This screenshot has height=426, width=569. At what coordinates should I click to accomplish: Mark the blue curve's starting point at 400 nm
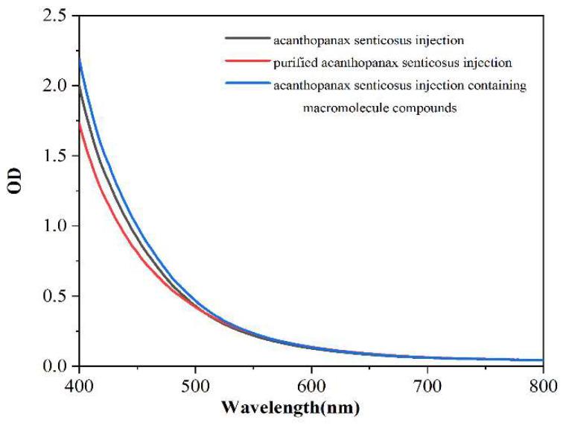(x=79, y=60)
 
